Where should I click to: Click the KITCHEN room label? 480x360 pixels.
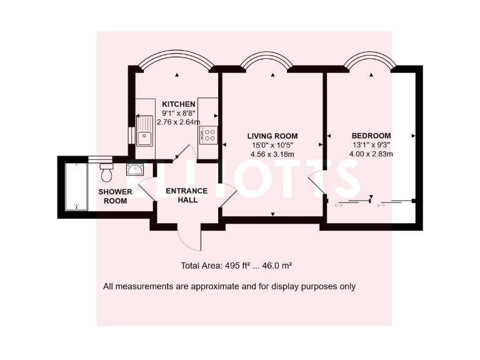[179, 104]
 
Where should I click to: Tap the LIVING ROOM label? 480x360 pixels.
[272, 136]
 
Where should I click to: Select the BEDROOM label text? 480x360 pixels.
[371, 136]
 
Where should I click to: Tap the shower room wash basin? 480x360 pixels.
[134, 168]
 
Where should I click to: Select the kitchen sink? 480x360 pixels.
[146, 131]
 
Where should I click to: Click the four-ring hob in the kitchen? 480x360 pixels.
[207, 134]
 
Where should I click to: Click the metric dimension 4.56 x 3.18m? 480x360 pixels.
[272, 154]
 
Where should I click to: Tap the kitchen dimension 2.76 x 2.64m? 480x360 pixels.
[179, 122]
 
